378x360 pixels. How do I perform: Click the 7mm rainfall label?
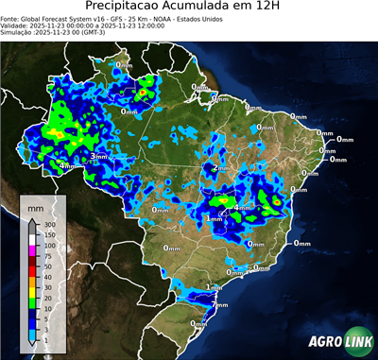[221, 304]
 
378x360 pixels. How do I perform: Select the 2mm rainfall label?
[222, 168]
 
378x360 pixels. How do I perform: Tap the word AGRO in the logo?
[325, 341]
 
